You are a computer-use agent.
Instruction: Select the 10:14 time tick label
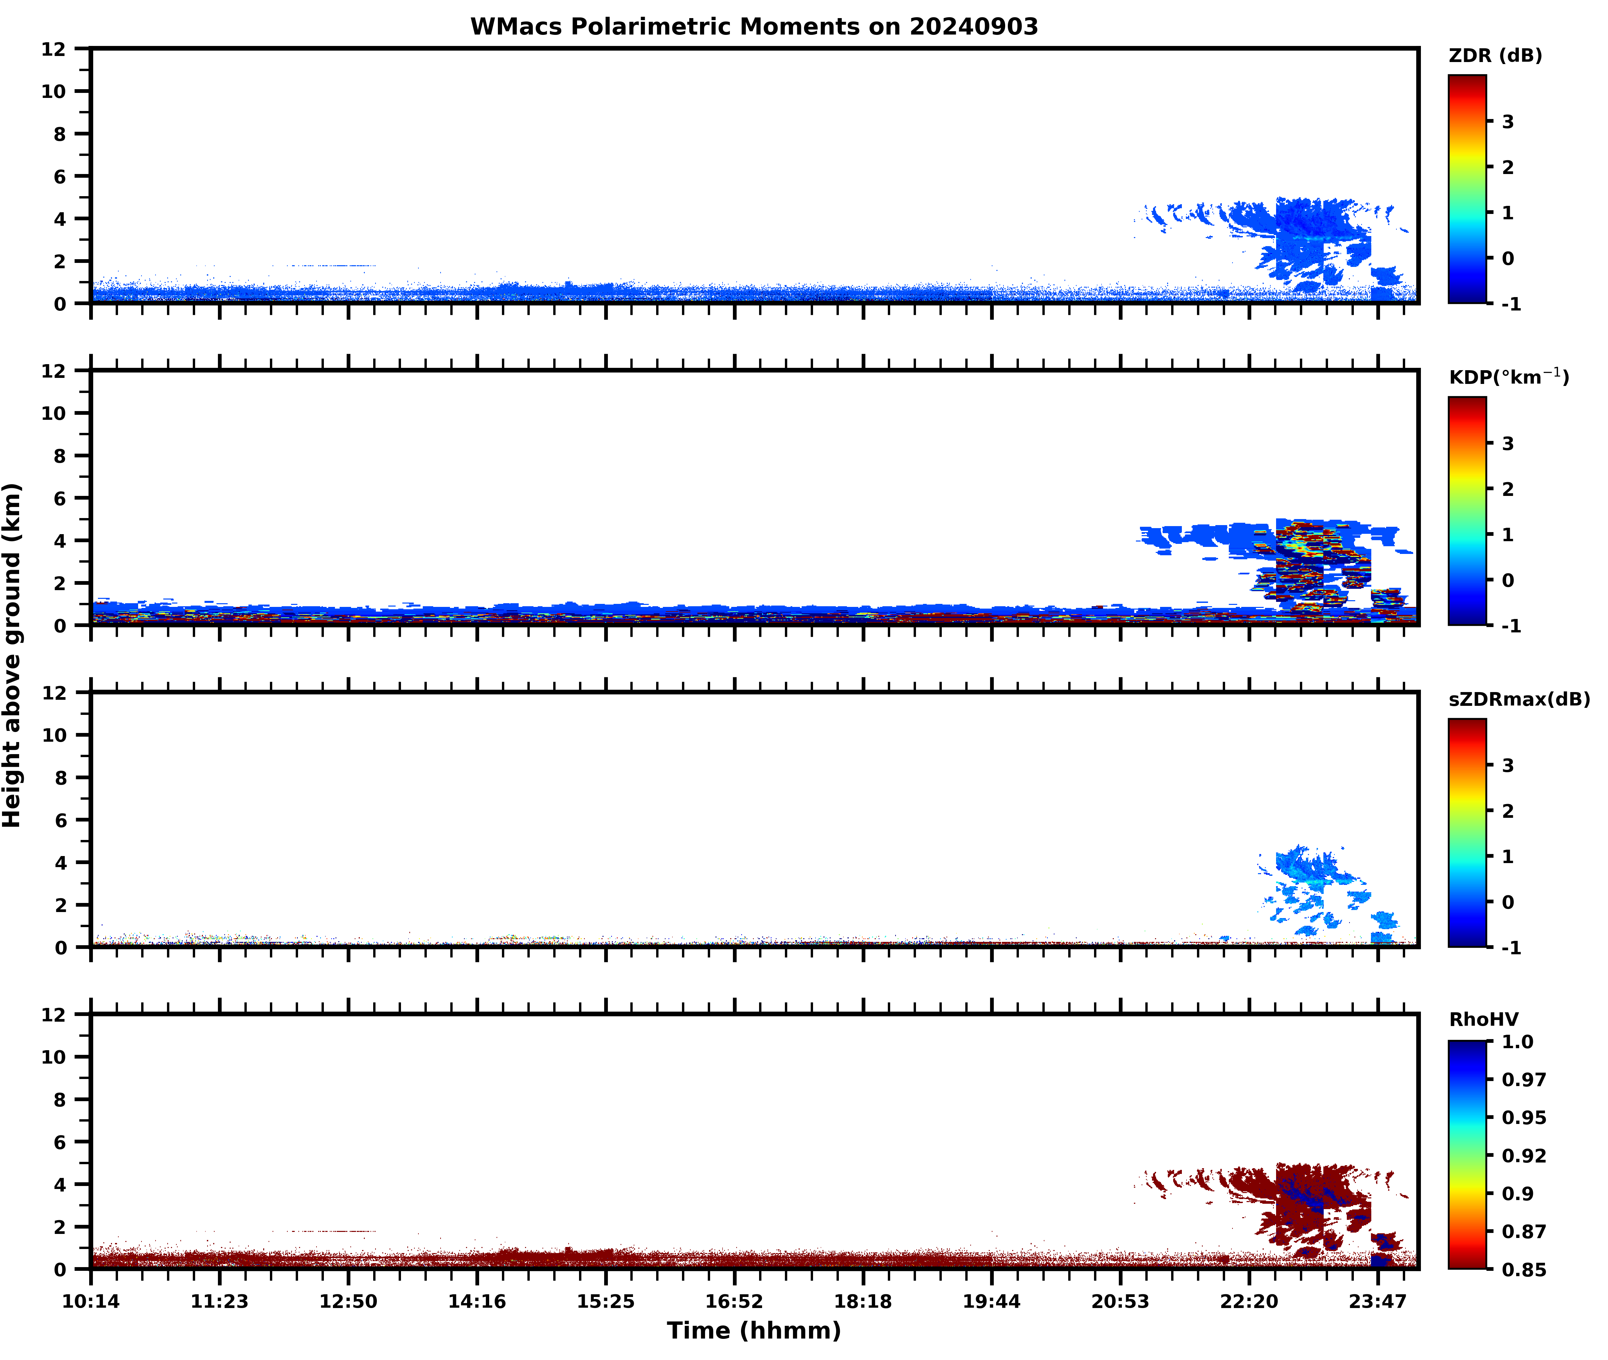coord(91,1301)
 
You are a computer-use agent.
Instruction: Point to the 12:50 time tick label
coord(348,1301)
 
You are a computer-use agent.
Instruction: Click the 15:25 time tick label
coord(606,1301)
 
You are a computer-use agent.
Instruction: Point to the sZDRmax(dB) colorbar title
coord(1518,699)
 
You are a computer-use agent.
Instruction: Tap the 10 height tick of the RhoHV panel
coord(54,1057)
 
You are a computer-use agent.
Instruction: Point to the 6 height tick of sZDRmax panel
coord(60,820)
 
